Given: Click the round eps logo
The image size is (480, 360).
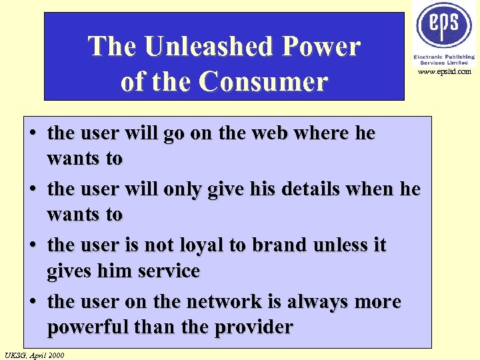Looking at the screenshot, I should (x=444, y=25).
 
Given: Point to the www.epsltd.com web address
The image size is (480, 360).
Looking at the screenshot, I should (x=445, y=71).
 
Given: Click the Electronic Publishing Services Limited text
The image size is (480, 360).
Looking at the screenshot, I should (x=444, y=59).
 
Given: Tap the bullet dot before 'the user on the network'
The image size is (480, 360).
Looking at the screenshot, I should (x=33, y=302).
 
